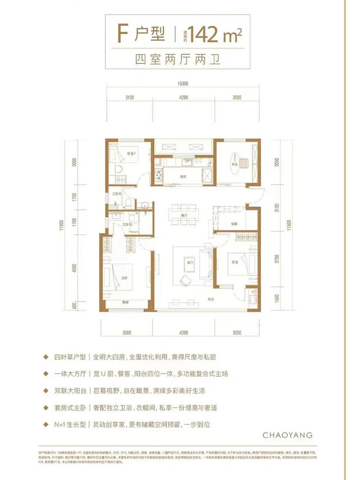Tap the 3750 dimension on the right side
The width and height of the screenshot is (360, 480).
277,260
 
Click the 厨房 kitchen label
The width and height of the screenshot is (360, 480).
183,176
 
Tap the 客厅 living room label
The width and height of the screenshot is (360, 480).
189,263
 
